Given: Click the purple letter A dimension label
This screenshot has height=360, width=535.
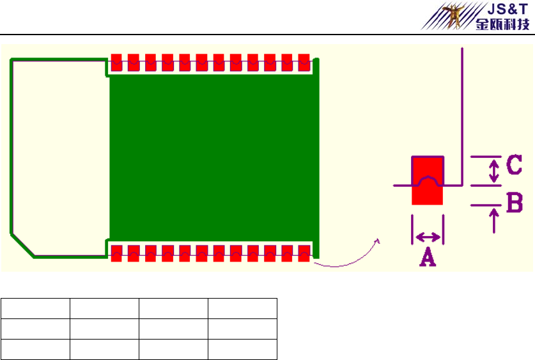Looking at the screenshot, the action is (427, 257).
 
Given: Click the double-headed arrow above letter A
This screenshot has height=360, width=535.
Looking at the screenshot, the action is (428, 237).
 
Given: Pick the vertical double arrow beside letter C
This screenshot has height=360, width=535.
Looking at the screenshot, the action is (493, 171).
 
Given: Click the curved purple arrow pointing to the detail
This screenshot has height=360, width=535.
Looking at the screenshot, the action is (348, 260).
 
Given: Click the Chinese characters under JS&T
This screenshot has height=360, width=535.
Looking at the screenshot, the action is (502, 25).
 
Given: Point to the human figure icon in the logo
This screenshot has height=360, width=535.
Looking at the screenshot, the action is (455, 16).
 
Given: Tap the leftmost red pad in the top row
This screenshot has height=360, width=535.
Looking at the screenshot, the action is (117, 62).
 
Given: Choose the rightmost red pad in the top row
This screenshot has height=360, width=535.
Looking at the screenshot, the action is (304, 62).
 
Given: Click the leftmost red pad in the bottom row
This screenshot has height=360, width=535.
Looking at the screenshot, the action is (117, 253).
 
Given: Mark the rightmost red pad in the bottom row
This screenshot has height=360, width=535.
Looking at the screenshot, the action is (304, 253).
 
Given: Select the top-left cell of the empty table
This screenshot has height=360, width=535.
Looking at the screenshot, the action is (35, 308).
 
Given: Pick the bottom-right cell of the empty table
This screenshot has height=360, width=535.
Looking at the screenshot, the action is (242, 349).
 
